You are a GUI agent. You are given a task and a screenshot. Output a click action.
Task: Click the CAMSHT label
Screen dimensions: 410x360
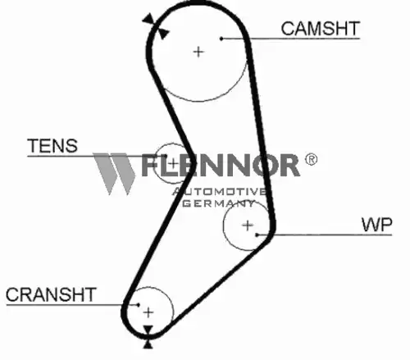click(320, 29)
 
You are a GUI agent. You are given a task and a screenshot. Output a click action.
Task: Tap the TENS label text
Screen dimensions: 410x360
click(52, 146)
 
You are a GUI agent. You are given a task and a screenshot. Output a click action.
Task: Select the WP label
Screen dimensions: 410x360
click(376, 225)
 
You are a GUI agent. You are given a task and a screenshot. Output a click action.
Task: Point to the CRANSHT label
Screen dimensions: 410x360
click(51, 294)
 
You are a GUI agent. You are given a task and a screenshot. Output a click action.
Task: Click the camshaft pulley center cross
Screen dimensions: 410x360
click(198, 52)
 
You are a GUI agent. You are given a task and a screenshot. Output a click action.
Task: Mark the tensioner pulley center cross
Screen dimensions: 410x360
click(173, 164)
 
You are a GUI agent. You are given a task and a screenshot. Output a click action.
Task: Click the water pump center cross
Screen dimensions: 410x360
click(248, 226)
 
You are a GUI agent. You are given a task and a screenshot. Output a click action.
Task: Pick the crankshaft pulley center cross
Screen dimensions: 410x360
click(148, 312)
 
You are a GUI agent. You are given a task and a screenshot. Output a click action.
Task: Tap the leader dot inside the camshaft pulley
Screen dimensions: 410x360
click(221, 39)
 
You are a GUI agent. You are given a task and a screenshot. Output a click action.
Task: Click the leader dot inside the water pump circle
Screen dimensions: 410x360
click(257, 235)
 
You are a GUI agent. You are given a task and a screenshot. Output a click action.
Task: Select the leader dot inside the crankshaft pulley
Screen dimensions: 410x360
click(139, 304)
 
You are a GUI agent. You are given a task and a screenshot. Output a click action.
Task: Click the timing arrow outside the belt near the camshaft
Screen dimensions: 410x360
click(148, 19)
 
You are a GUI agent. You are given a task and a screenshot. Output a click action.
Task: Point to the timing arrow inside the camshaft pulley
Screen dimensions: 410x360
click(163, 33)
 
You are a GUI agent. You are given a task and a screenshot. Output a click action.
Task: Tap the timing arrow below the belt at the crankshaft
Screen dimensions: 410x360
click(148, 344)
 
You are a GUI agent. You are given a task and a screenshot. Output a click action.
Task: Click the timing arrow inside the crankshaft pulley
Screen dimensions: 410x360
click(148, 330)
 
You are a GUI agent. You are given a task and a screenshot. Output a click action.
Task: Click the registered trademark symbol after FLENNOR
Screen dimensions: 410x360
click(311, 159)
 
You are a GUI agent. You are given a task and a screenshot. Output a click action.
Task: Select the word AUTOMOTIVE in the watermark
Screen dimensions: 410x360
click(219, 192)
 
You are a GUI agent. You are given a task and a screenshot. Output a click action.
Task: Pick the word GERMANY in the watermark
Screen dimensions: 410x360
click(219, 203)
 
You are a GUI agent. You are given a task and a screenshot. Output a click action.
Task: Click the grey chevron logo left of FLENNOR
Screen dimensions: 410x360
click(114, 174)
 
